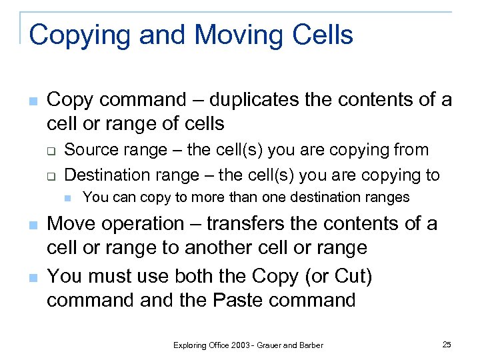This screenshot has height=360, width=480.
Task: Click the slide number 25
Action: click(447, 344)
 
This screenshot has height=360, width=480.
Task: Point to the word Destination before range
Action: click(109, 175)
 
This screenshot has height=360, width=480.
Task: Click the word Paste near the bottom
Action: click(240, 299)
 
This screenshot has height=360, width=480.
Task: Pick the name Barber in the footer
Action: click(311, 345)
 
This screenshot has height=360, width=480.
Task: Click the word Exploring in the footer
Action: click(190, 345)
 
